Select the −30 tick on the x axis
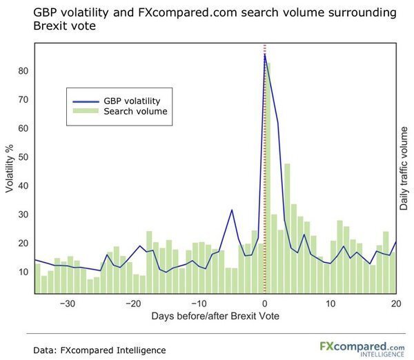coord(67,304)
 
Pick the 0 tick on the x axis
coord(265,304)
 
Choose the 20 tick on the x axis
coord(396,304)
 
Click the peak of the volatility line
coord(265,55)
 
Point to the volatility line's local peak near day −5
coord(232,210)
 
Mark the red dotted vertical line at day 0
coord(265,172)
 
